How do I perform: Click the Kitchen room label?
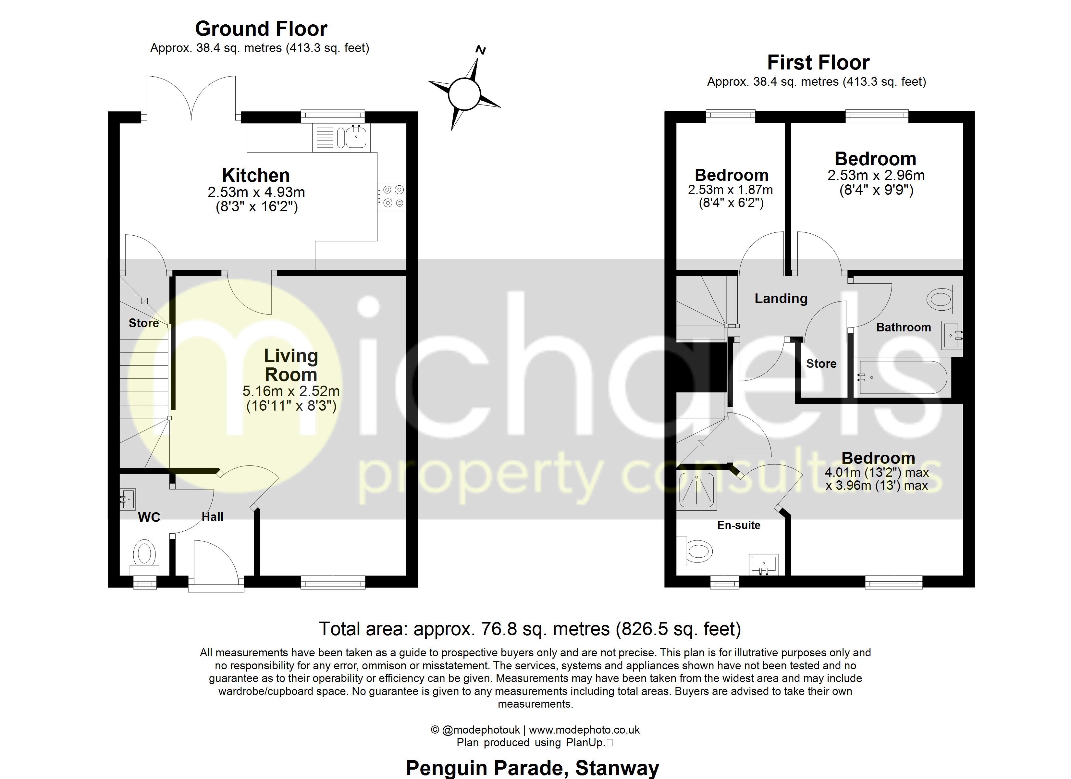(x=255, y=175)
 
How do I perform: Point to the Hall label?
(x=213, y=517)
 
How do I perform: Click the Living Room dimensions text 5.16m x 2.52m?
(x=291, y=391)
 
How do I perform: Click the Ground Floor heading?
(x=261, y=29)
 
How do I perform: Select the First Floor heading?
(x=819, y=62)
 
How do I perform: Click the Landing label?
(x=781, y=299)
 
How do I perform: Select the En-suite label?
(x=739, y=525)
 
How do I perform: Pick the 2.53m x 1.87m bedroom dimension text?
(x=731, y=190)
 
